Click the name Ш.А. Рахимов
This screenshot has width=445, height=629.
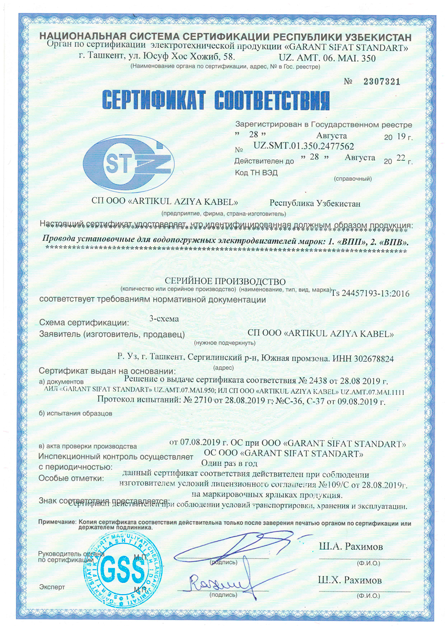click(x=350, y=547)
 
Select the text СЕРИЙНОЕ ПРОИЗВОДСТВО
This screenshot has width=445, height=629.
click(x=225, y=281)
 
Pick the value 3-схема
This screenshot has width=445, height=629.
click(x=164, y=319)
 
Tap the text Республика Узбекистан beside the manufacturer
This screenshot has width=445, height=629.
click(x=315, y=203)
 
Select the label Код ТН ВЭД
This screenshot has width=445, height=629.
click(x=256, y=172)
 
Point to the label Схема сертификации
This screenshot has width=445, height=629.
click(x=84, y=323)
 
